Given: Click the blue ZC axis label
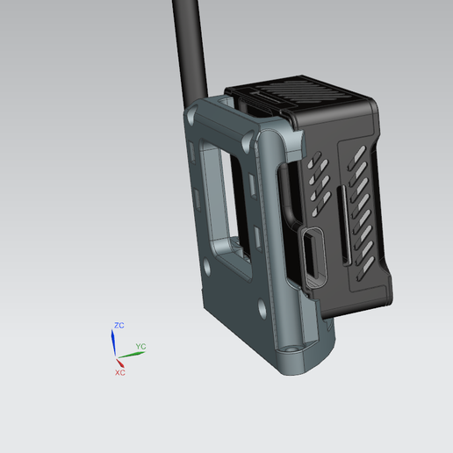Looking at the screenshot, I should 119,326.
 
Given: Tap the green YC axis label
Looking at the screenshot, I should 140,348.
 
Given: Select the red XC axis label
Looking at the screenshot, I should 120,372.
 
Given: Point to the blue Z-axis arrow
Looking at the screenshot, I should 114,343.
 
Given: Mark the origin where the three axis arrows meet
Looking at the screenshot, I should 116,358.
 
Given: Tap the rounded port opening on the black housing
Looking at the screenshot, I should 312,254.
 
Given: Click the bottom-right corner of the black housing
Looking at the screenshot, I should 390,302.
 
